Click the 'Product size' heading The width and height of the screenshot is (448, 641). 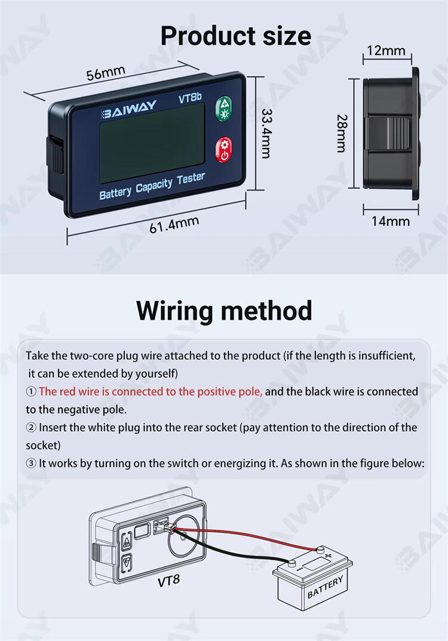235,36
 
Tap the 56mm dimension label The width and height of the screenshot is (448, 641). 106,73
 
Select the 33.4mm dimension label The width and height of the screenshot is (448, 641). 266,133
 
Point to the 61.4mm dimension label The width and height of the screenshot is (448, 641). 174,225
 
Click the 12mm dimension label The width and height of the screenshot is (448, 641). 386,50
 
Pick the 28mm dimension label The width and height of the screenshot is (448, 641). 342,133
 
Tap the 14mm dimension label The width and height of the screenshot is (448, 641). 390,221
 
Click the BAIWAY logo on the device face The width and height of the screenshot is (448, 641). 128,109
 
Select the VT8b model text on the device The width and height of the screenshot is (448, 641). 190,98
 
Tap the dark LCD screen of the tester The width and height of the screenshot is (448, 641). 152,143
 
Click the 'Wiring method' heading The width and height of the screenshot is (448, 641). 224,311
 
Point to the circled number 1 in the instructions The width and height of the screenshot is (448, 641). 31,392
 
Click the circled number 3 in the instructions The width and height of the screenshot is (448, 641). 31,463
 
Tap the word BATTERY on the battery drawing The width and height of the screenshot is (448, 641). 325,587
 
